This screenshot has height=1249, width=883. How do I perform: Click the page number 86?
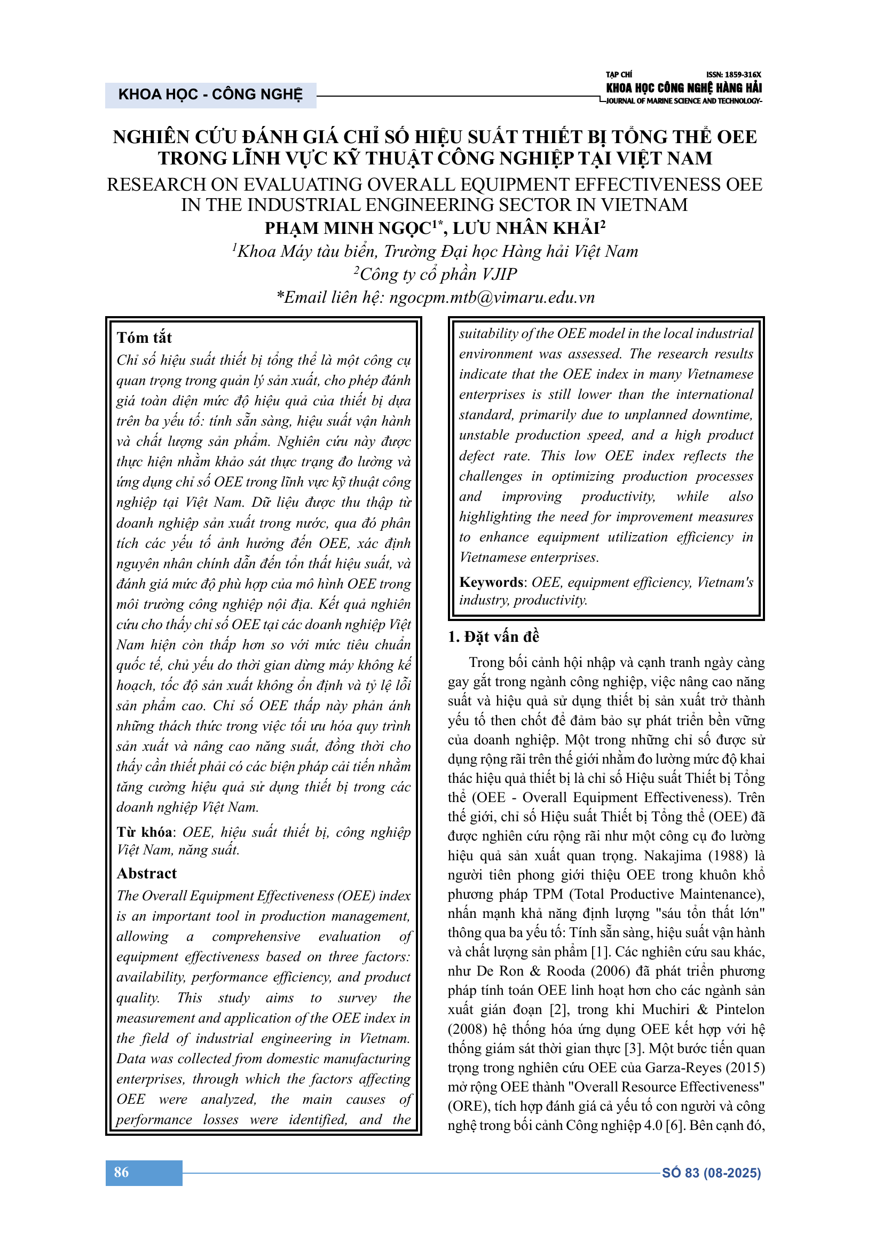(x=121, y=1172)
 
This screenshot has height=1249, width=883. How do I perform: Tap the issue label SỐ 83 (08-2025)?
(x=711, y=1173)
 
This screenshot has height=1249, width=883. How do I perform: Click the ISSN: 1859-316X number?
(x=734, y=75)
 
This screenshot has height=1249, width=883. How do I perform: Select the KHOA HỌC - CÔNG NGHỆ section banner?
(x=210, y=95)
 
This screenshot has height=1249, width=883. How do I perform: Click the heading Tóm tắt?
(x=144, y=338)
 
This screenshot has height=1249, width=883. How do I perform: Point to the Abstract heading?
(x=147, y=873)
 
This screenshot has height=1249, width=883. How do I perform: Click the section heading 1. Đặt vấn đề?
(x=493, y=637)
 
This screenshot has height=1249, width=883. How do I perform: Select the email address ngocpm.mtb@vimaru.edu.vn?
(x=492, y=297)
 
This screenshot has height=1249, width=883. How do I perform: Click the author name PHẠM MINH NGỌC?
(x=348, y=229)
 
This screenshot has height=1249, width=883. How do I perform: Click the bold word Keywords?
(x=492, y=582)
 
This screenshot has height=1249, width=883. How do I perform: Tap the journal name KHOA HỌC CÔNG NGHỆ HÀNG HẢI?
(x=683, y=88)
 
